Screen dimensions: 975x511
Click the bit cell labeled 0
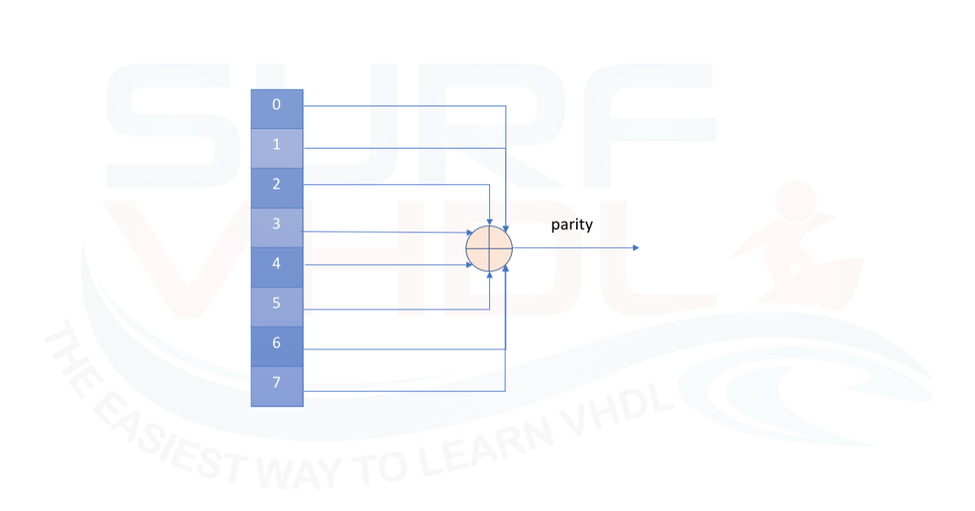[277, 109]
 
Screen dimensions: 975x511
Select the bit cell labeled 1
[277, 149]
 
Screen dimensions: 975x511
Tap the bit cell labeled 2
[277, 188]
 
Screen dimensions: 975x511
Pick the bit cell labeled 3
[277, 227]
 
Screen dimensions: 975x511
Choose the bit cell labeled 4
[277, 267]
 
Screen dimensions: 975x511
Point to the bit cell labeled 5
[277, 307]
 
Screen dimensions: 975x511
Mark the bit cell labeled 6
[277, 346]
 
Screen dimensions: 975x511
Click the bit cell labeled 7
[277, 387]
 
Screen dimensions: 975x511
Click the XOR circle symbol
[489, 249]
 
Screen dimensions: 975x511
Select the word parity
[572, 225]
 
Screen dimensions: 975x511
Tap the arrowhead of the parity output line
[636, 248]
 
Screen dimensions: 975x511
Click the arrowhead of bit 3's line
[470, 232]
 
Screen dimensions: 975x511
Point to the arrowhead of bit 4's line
[470, 265]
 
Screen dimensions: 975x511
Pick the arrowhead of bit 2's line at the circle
[489, 222]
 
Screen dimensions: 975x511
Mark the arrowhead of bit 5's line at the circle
[489, 275]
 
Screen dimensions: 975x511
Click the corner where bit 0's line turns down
[505, 106]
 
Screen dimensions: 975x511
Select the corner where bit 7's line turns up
[505, 391]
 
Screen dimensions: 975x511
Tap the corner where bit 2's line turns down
[489, 184]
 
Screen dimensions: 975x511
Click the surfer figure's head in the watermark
[795, 201]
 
